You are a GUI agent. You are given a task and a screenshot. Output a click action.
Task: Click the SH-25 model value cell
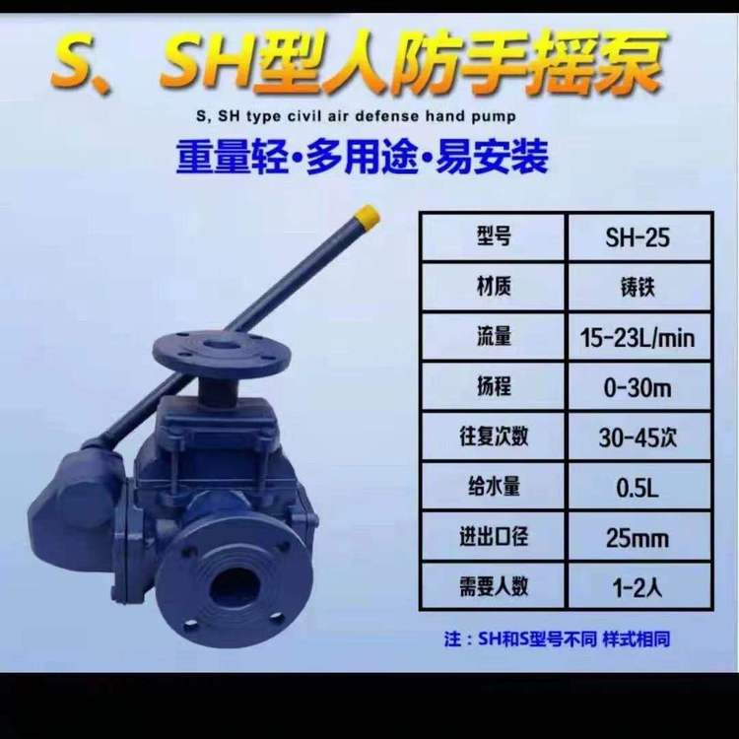tap(638, 237)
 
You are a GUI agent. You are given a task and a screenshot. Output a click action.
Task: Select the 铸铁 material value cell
tap(638, 288)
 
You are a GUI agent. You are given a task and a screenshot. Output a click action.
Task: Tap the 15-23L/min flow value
tap(638, 338)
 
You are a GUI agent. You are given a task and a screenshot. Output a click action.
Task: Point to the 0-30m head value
tap(638, 388)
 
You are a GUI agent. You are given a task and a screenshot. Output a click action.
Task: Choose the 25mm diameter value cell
tap(638, 538)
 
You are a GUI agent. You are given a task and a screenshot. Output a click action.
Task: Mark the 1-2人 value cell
tap(638, 587)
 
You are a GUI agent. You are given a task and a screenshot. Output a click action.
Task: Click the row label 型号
tap(494, 237)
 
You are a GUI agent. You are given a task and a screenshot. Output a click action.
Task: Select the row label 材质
tap(494, 288)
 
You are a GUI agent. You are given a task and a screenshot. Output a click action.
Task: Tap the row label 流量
tap(494, 338)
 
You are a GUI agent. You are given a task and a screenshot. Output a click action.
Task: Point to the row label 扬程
tap(494, 388)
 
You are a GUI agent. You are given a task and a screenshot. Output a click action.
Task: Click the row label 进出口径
tap(494, 538)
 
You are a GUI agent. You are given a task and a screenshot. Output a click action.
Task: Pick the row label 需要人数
tap(494, 587)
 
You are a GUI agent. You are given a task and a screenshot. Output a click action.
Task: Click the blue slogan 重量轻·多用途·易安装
tap(361, 156)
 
